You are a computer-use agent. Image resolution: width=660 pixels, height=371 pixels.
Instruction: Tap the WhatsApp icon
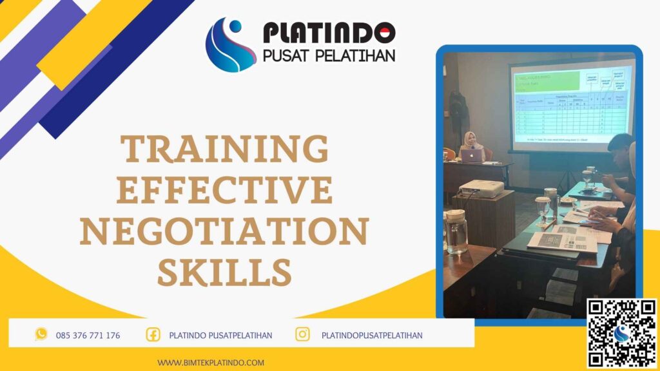(x=41, y=334)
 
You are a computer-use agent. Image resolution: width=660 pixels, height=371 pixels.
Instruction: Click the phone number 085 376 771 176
(x=88, y=335)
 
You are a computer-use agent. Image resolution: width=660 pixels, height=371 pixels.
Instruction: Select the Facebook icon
(x=153, y=334)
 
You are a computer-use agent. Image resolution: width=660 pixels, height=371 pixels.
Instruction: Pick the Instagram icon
(x=302, y=334)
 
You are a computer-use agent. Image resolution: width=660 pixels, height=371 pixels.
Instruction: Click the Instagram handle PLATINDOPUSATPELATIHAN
(x=372, y=335)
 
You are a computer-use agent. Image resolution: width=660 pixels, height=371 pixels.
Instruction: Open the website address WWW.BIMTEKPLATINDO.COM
(x=211, y=363)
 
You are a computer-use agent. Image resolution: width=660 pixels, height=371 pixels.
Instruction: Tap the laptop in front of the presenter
(x=472, y=155)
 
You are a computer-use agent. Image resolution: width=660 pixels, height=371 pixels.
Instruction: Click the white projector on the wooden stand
(x=481, y=188)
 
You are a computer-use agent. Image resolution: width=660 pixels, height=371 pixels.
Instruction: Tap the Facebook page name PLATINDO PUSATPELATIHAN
(x=220, y=335)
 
